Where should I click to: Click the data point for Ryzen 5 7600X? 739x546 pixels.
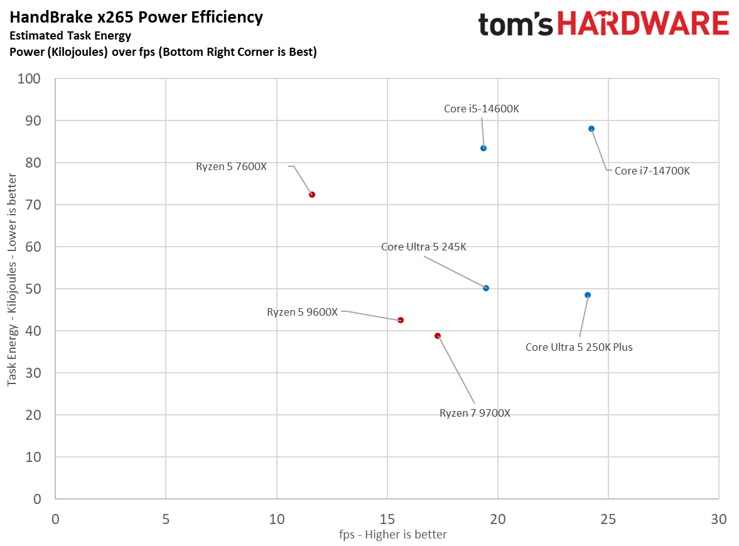(x=312, y=195)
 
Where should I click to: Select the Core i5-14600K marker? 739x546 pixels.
(x=483, y=148)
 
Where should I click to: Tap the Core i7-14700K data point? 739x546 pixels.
(x=591, y=129)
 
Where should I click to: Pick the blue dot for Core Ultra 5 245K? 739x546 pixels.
(x=486, y=288)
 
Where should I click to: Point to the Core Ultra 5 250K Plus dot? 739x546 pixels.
(x=588, y=295)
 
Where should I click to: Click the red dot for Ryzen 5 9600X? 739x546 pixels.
(x=401, y=320)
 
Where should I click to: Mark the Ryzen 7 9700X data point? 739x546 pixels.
(x=438, y=336)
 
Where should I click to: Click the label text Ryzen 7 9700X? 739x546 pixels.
(x=475, y=414)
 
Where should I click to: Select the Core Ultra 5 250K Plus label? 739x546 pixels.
(x=579, y=347)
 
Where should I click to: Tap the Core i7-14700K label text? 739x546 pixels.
(x=652, y=171)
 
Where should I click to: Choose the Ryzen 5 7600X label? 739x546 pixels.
(x=232, y=166)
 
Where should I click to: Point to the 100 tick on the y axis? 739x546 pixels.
(x=30, y=79)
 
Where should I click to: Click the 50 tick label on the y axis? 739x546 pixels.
(x=33, y=289)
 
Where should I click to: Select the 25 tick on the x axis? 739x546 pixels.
(x=608, y=520)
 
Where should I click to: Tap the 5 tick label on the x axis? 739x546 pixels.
(x=166, y=520)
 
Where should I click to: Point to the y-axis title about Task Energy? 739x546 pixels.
(x=12, y=289)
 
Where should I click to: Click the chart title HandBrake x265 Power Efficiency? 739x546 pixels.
(x=136, y=18)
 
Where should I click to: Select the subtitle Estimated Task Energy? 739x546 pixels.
(x=70, y=36)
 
